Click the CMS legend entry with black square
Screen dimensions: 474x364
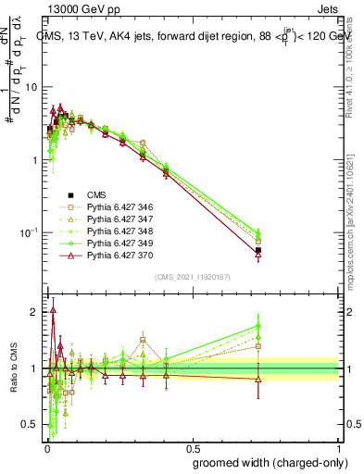tap(97, 195)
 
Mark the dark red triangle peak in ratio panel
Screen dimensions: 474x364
tap(54, 310)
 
